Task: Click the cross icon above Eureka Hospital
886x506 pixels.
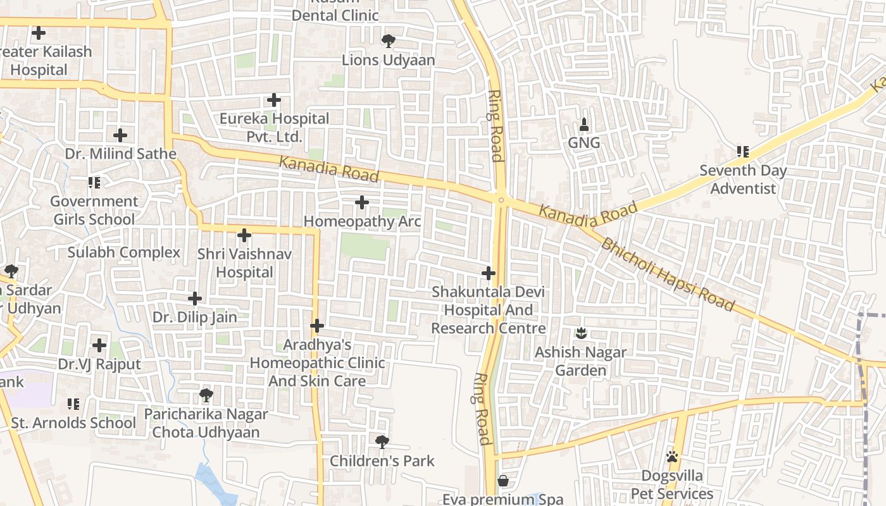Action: pyautogui.click(x=273, y=100)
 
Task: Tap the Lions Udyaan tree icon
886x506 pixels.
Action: pyautogui.click(x=388, y=41)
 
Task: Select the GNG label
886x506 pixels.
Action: pyautogui.click(x=583, y=143)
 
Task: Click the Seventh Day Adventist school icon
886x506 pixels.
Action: pyautogui.click(x=742, y=152)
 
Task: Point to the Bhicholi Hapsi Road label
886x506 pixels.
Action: pyautogui.click(x=668, y=275)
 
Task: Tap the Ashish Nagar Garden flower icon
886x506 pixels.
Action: pyautogui.click(x=581, y=333)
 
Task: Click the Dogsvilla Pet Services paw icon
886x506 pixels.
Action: pyautogui.click(x=672, y=457)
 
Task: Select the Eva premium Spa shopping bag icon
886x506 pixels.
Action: pyautogui.click(x=503, y=481)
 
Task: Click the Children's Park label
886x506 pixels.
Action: pyautogui.click(x=382, y=461)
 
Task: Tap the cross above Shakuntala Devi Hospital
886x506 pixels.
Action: pyautogui.click(x=488, y=273)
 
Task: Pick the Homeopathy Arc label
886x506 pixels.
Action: pyautogui.click(x=362, y=222)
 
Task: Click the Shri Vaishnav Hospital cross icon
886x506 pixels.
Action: pyautogui.click(x=244, y=235)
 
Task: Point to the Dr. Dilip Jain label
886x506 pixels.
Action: pyautogui.click(x=195, y=318)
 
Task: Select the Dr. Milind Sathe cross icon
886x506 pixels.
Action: pyautogui.click(x=120, y=135)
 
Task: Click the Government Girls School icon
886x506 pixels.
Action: pyautogui.click(x=94, y=183)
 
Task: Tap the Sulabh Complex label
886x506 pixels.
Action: pyautogui.click(x=124, y=253)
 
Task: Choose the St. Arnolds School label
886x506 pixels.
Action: pyautogui.click(x=73, y=423)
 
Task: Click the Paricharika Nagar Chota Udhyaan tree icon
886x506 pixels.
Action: pyautogui.click(x=206, y=395)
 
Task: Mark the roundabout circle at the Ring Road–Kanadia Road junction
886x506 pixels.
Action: pyautogui.click(x=501, y=201)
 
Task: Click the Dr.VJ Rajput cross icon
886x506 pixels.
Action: pyautogui.click(x=99, y=345)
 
